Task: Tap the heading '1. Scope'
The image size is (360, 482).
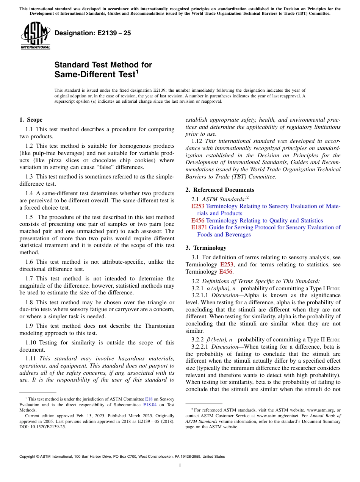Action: [31, 120]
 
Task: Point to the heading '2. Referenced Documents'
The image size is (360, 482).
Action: [220, 190]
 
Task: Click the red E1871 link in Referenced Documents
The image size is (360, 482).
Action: [198, 227]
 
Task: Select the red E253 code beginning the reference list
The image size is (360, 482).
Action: [197, 206]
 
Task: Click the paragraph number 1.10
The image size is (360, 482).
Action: [31, 343]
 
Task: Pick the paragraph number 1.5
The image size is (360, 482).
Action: [30, 217]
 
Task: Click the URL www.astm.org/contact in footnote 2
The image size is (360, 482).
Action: [273, 416]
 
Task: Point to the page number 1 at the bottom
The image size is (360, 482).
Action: [180, 466]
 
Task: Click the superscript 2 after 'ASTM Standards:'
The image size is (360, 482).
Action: [247, 197]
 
